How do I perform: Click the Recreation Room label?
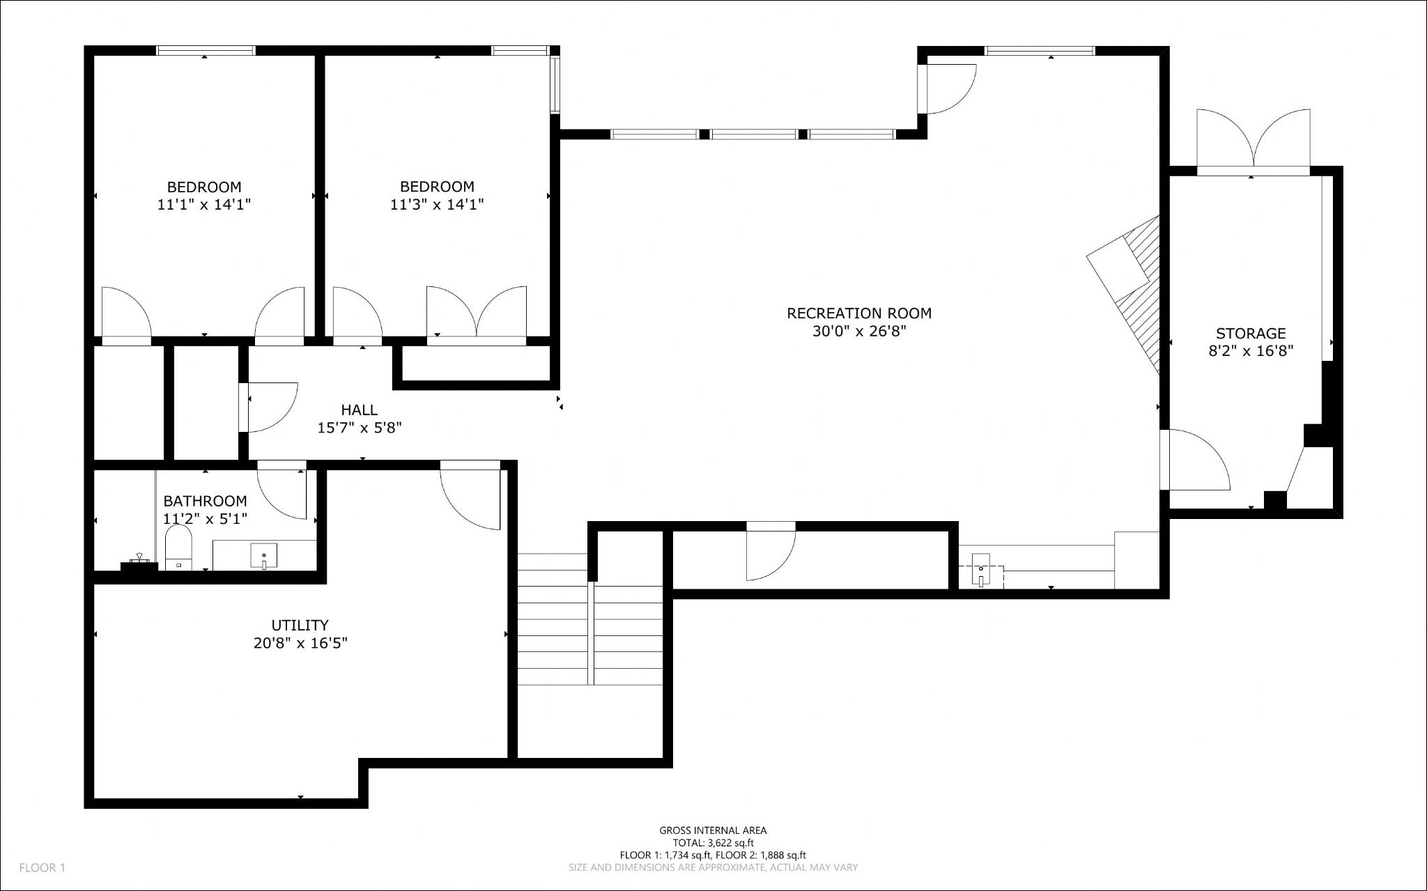pos(859,313)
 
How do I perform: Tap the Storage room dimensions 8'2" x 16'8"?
pos(1251,351)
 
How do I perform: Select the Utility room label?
pos(300,625)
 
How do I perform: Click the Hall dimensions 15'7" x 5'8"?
pos(360,428)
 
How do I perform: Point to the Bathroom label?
pos(205,501)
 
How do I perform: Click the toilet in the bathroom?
pos(178,547)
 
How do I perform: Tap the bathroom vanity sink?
pos(263,556)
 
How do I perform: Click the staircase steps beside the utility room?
pos(590,619)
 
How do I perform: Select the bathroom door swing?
pos(282,491)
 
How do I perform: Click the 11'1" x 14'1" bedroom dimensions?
pos(204,205)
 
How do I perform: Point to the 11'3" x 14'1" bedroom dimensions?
pos(437,205)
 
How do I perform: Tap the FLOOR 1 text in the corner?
pos(42,868)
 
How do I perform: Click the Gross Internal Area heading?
pos(713,830)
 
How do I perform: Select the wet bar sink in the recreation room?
pos(981,569)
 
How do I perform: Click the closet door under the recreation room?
pos(771,552)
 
